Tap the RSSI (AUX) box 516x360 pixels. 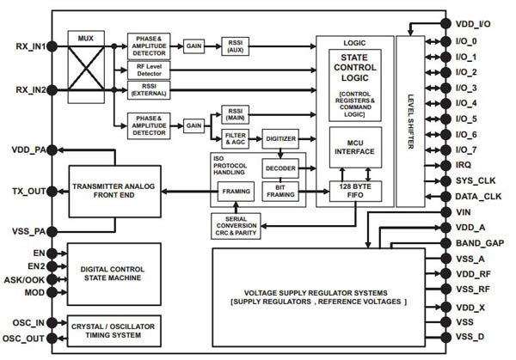pyautogui.click(x=235, y=46)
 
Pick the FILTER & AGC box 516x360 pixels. pyautogui.click(x=234, y=137)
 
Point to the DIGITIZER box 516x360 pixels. pyautogui.click(x=281, y=137)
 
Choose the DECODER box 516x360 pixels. pyautogui.click(x=280, y=167)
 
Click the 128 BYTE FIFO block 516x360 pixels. pyautogui.click(x=355, y=192)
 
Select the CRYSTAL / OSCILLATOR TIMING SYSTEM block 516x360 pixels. pyautogui.click(x=116, y=332)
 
